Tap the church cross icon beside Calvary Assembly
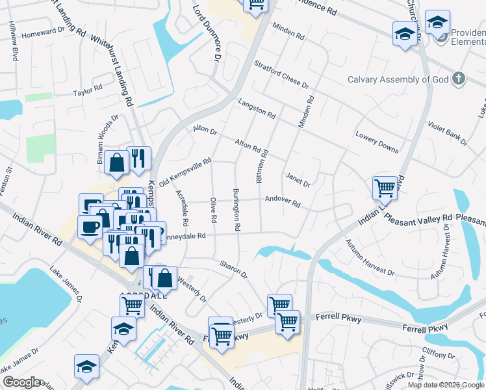point(459,79)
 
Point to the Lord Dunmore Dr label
point(208,32)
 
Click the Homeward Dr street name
point(44,32)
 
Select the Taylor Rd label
point(88,89)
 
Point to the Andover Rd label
point(282,200)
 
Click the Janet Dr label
point(298,181)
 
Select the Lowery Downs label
point(376,142)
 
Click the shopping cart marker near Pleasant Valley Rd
point(385,188)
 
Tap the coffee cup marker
point(89,227)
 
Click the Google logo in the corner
point(21,382)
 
